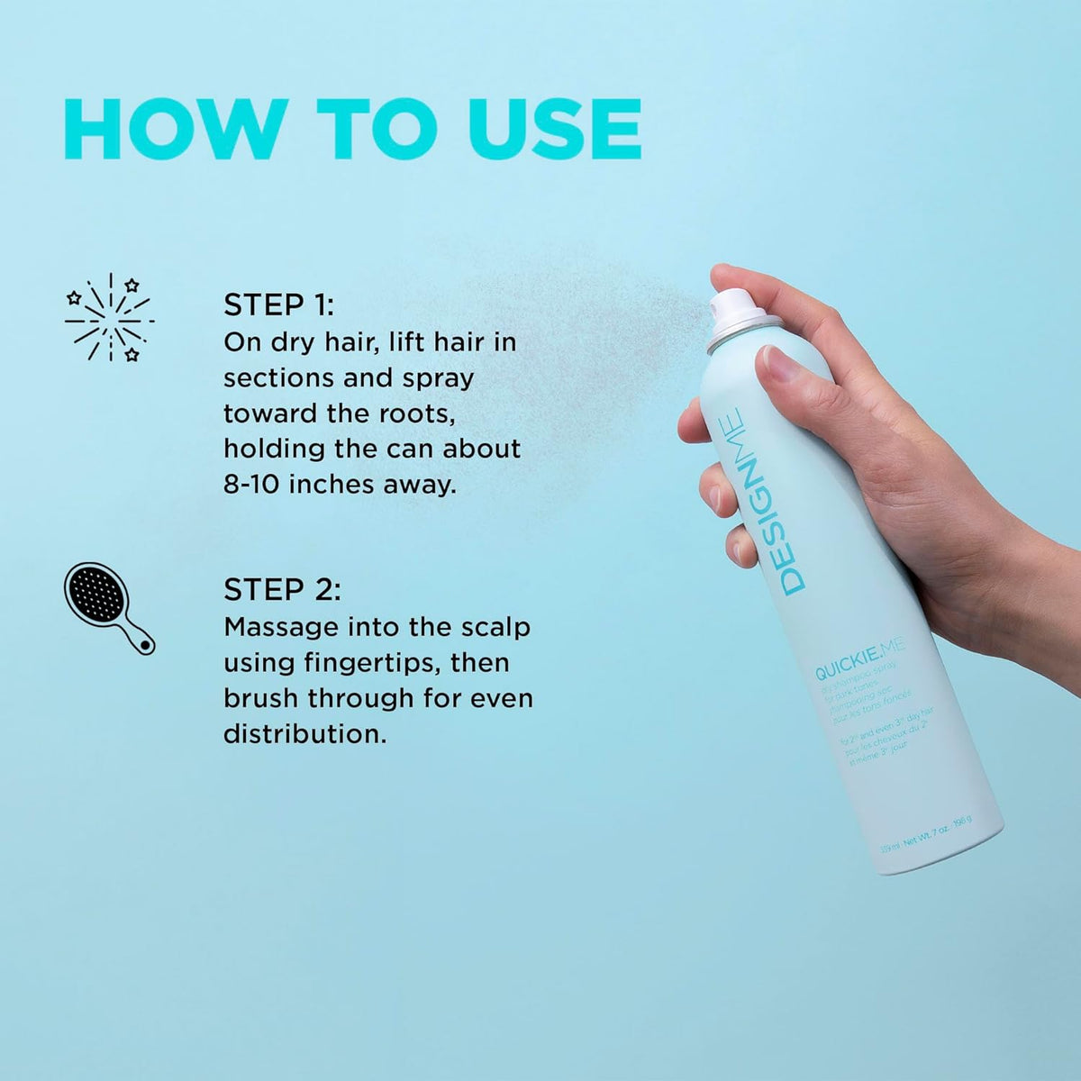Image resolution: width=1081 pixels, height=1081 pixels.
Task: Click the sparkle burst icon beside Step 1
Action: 109,317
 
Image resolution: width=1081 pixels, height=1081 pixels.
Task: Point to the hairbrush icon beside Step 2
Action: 108,607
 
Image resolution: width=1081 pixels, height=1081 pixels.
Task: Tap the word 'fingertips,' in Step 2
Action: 367,662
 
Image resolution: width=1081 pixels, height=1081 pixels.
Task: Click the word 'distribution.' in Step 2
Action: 304,733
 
